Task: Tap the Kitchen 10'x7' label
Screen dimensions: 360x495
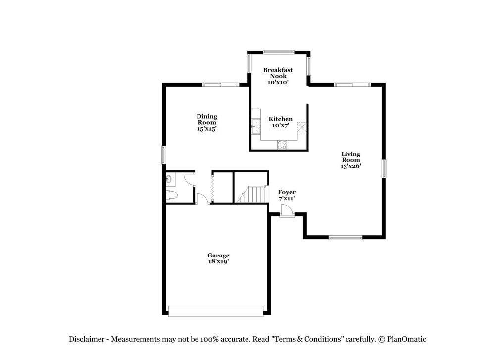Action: (x=280, y=122)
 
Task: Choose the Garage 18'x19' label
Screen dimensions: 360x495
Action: (x=218, y=258)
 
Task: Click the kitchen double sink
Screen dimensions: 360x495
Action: (x=256, y=127)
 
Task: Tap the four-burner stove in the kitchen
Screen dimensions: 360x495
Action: (x=282, y=145)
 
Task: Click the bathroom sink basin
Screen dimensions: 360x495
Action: (x=169, y=179)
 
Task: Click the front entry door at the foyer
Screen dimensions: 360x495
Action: (x=287, y=212)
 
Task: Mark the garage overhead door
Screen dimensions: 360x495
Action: (x=216, y=311)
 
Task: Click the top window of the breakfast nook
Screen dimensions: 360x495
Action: (x=279, y=51)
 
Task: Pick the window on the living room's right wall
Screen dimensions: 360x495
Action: (x=384, y=168)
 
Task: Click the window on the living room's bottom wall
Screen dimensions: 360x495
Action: (x=346, y=238)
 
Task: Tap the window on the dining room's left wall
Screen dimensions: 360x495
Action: (x=164, y=154)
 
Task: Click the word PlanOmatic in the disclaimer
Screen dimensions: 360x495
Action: (x=406, y=339)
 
